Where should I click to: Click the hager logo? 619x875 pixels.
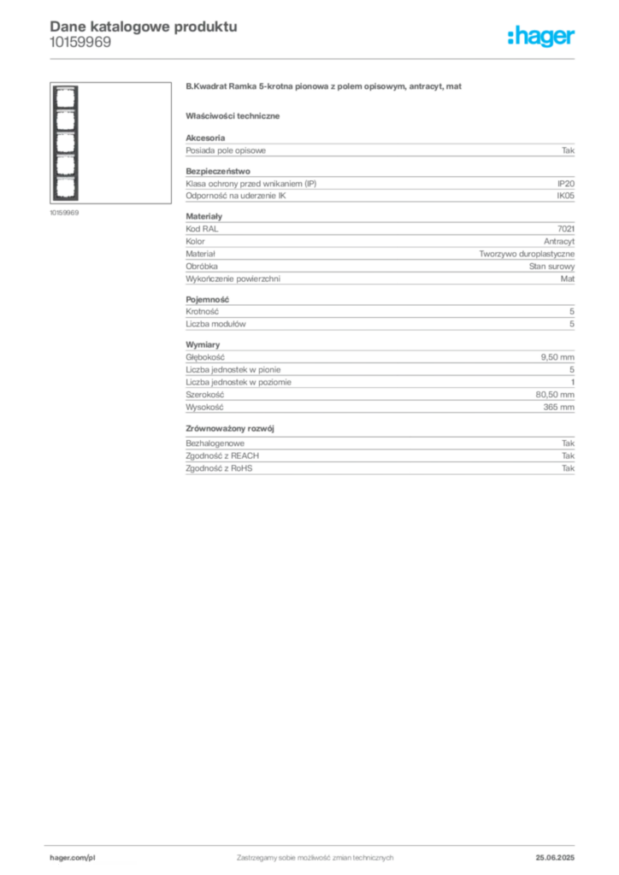(541, 37)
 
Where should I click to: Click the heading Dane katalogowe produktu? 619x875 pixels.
(144, 26)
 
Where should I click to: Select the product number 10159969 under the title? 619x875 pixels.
(80, 43)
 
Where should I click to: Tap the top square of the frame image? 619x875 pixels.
(65, 98)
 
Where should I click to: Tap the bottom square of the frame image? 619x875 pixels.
(65, 188)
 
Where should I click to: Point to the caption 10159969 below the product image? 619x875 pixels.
(64, 213)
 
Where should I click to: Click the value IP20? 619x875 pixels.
(566, 184)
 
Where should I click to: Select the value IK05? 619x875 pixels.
(565, 196)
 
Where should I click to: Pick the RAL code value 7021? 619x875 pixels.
(566, 229)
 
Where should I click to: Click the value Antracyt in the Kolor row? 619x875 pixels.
(558, 242)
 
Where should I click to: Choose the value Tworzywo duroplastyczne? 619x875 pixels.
(527, 254)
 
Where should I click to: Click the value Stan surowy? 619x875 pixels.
(551, 267)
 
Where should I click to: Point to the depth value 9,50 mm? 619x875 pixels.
(557, 357)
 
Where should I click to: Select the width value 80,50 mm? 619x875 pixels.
(555, 395)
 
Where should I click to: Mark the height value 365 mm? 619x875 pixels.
(558, 408)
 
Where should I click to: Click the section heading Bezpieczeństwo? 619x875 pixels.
(218, 171)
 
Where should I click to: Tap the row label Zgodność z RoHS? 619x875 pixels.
(219, 468)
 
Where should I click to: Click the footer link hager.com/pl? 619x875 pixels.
(73, 858)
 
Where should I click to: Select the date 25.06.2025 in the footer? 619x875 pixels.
(555, 858)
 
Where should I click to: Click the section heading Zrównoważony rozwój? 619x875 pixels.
(230, 429)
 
